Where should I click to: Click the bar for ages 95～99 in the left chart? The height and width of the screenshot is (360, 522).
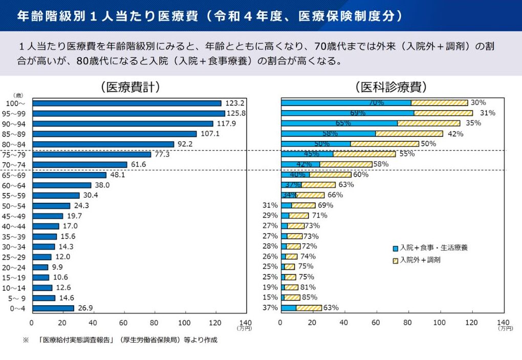click(x=128, y=113)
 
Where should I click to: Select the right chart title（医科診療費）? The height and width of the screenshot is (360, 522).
click(x=391, y=87)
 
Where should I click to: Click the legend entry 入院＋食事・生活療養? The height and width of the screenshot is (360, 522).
click(x=433, y=248)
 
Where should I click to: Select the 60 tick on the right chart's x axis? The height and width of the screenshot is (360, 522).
click(x=376, y=323)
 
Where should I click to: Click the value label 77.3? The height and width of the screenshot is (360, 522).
click(x=163, y=154)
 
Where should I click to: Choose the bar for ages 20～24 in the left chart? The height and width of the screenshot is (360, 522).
click(x=40, y=267)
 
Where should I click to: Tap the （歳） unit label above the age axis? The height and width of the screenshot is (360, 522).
click(x=18, y=95)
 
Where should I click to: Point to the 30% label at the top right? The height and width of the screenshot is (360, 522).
click(x=478, y=102)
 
